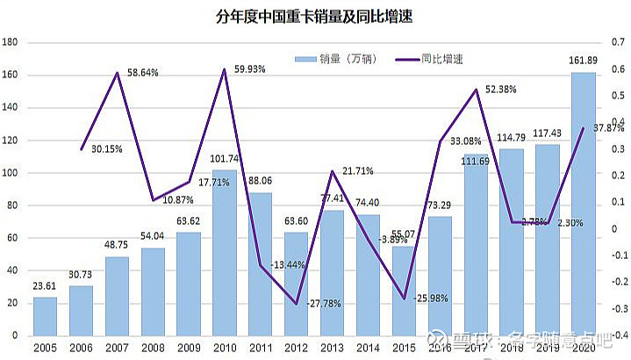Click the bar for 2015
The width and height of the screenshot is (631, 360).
[x=405, y=291]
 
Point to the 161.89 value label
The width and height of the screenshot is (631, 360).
[x=584, y=61]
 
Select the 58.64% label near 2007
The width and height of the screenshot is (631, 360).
[x=141, y=73]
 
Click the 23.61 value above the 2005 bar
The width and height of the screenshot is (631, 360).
[x=45, y=285]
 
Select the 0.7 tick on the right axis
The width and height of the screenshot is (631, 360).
[x=619, y=42]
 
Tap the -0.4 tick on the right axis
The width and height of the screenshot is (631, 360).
[x=617, y=335]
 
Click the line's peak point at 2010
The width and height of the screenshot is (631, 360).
[x=225, y=69]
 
